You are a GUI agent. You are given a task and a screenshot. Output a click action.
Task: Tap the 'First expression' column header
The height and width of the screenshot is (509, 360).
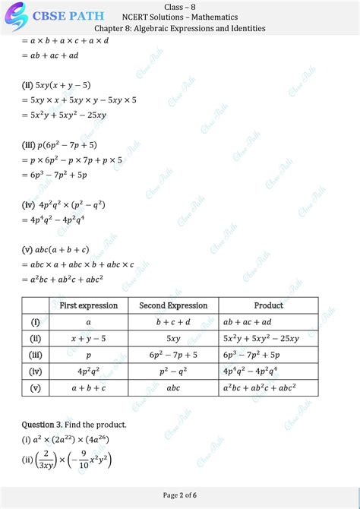click(89, 305)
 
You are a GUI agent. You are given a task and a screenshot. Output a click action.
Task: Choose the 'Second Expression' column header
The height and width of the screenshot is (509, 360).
click(173, 305)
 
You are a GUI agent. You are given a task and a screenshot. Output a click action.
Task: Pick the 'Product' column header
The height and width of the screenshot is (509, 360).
click(269, 305)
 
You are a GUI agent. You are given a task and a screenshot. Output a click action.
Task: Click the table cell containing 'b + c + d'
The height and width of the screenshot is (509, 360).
click(173, 322)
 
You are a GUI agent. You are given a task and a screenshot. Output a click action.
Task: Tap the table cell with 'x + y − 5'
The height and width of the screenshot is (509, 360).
click(89, 339)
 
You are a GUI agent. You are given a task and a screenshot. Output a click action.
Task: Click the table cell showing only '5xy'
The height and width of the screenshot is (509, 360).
click(173, 339)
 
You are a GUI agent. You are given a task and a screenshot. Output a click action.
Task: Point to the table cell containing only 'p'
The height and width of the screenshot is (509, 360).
click(89, 355)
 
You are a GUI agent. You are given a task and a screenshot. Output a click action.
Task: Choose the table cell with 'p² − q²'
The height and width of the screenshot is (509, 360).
click(173, 371)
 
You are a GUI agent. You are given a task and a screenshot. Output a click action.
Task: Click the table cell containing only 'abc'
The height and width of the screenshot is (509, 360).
click(173, 387)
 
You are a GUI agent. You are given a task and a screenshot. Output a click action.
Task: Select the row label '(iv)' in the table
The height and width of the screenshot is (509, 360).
click(36, 371)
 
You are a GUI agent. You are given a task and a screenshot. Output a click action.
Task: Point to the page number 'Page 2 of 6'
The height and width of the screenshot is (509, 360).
click(180, 495)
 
